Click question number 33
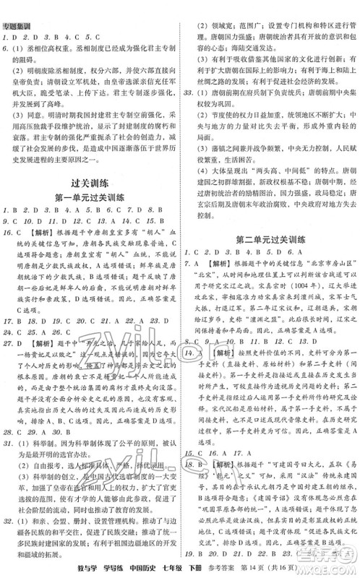[189, 95]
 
